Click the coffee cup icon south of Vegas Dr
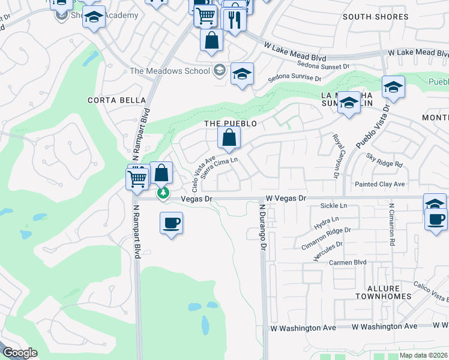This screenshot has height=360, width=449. coord(172,223)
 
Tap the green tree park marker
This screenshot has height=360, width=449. coord(163,193)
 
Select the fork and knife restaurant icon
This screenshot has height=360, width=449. coord(234,20)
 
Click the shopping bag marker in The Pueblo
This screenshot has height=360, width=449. coord(229,139)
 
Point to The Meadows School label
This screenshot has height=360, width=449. coord(170,71)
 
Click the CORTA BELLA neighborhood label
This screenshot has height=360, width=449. coord(116,100)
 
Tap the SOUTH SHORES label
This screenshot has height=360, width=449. coord(375,17)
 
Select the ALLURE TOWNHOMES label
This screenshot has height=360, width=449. coord(383,292)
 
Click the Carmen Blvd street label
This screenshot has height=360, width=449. coord(347,263)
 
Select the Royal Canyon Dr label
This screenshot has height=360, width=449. coord(335,155)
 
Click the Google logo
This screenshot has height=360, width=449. coord(20,353)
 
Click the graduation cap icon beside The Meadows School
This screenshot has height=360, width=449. coord(241,74)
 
